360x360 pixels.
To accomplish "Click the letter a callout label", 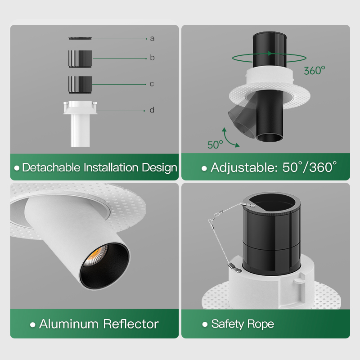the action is pyautogui.click(x=152, y=39).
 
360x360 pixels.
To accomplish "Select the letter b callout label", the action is pyautogui.click(x=152, y=58).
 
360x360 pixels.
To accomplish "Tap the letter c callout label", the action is pyautogui.click(x=152, y=84).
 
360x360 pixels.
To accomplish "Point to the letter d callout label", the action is pyautogui.click(x=152, y=110).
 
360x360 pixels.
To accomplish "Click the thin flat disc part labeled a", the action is pyautogui.click(x=80, y=38).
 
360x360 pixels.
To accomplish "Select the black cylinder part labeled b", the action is pyautogui.click(x=81, y=59).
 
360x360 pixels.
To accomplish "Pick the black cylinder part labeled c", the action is pyautogui.click(x=81, y=85).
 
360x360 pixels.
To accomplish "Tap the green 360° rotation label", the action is pyautogui.click(x=315, y=71).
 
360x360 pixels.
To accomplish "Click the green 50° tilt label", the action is pyautogui.click(x=215, y=144).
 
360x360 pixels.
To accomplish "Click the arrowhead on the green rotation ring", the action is pyautogui.click(x=270, y=54).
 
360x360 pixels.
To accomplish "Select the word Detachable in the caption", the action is pyautogui.click(x=51, y=167).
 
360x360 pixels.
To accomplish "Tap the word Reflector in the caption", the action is pyautogui.click(x=131, y=324).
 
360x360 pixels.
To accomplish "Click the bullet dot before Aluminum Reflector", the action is pyautogui.click(x=32, y=324).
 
